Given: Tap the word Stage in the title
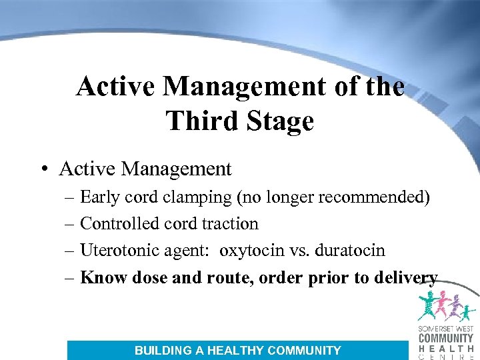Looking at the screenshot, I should (281, 121).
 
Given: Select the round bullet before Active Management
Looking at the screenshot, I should (43, 169).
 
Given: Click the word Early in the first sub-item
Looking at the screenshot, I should (99, 197).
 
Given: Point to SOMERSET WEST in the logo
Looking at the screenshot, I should (445, 329).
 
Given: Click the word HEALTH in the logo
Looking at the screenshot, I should (445, 348).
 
